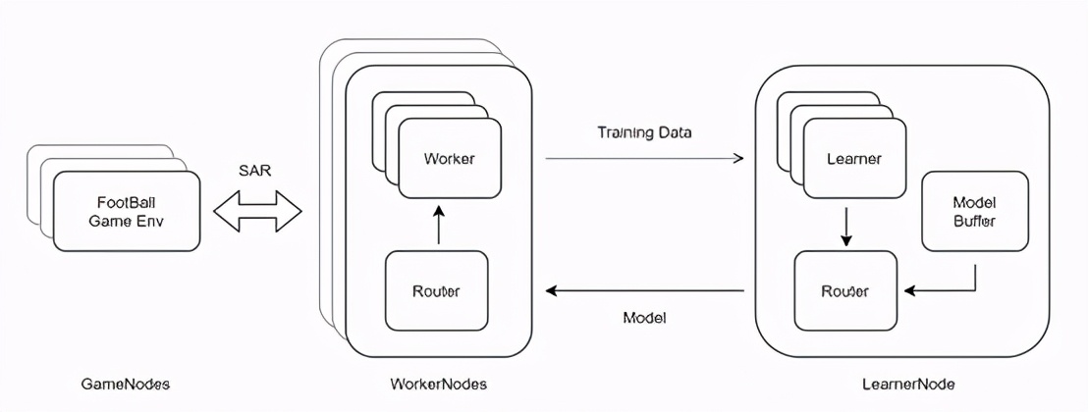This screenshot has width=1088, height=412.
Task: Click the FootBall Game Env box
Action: pos(126,212)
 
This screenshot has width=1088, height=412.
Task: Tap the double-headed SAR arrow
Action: pos(258,212)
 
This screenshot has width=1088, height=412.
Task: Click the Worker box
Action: pos(449,159)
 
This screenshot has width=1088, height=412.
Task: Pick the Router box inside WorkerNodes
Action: pos(436,290)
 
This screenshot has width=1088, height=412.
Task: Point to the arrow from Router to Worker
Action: pos(438,225)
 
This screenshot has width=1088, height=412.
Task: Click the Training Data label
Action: pos(644,131)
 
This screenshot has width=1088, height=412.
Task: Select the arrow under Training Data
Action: pos(644,158)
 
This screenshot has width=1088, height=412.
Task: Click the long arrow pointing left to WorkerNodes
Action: pos(644,290)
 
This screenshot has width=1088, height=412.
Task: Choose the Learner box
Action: pos(853,159)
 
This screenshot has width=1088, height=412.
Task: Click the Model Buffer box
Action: pos(974,212)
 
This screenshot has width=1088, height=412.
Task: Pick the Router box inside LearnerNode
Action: pos(844,290)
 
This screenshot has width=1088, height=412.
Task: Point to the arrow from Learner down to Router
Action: pos(844,225)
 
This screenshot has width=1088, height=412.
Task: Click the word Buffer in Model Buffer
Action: pos(974,222)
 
